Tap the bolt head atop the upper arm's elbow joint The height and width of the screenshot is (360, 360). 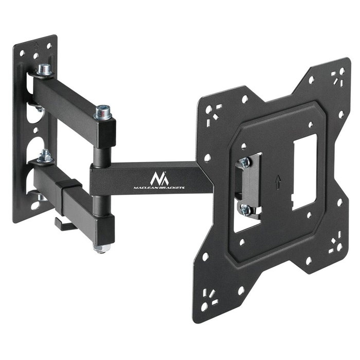click(102, 111)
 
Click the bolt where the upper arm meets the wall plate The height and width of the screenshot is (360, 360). click(44, 69)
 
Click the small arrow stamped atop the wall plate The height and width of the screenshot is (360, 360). click(35, 44)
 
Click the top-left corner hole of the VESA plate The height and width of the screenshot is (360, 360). click(208, 109)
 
